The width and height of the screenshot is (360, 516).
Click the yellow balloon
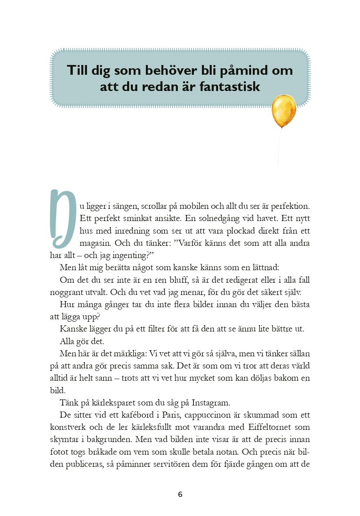click(284, 110)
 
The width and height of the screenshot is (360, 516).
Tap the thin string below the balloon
click(279, 146)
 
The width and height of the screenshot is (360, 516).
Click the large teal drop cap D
click(63, 219)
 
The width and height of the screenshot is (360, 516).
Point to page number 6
click(180, 494)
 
